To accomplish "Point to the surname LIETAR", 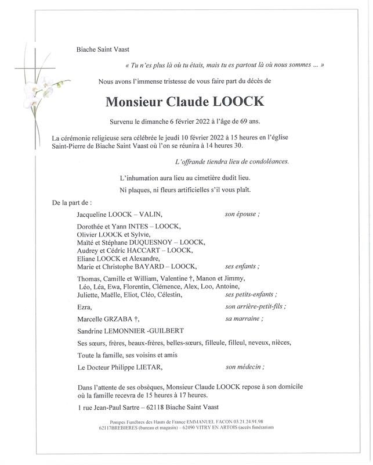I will (146, 367).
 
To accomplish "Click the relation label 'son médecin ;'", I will (245, 367).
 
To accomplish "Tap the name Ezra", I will (84, 307).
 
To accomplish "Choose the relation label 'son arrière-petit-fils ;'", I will (255, 306).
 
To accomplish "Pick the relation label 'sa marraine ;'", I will (244, 319).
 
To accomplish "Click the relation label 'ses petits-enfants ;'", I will (250, 294).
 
